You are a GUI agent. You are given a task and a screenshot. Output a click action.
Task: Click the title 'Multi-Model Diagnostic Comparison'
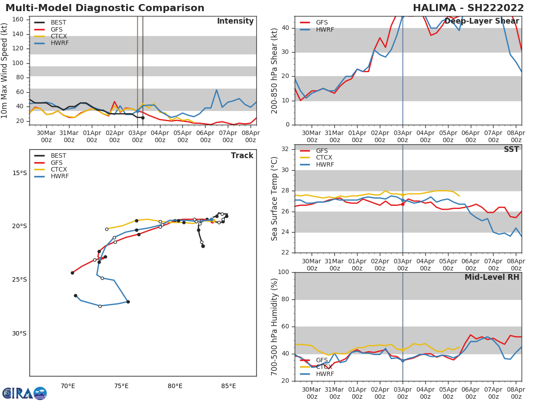(x=105, y=8)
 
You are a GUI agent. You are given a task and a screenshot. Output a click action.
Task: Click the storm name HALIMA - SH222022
(x=468, y=8)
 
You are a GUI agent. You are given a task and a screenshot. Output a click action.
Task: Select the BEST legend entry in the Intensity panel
(x=58, y=22)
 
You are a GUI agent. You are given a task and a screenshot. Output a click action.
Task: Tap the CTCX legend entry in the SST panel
(x=324, y=158)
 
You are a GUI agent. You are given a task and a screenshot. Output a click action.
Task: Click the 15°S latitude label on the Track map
(x=19, y=173)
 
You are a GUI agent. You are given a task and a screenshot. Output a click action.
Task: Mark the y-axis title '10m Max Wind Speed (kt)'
(x=5, y=70)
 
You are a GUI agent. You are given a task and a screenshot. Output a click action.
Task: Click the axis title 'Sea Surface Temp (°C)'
(x=275, y=199)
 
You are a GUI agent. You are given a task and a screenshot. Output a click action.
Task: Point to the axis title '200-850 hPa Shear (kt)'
(x=275, y=70)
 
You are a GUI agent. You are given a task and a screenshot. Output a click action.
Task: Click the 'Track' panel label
(x=242, y=155)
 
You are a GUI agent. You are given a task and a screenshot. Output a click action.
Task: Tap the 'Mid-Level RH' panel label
(x=492, y=277)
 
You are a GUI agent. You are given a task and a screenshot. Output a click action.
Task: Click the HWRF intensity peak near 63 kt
(x=216, y=90)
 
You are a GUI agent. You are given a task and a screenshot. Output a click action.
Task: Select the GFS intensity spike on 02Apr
(x=115, y=102)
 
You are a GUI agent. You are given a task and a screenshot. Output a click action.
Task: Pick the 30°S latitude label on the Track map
(x=19, y=333)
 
